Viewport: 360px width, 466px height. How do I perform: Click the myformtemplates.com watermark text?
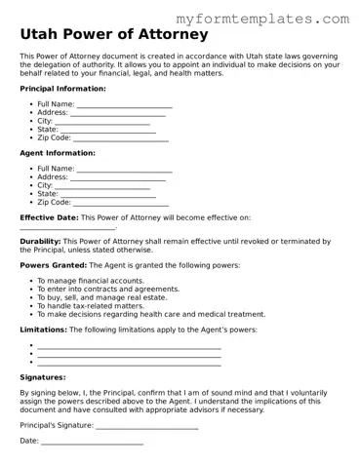click(276, 19)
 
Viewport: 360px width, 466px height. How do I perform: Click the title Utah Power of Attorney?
click(114, 35)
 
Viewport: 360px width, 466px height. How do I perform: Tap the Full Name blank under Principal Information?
click(124, 104)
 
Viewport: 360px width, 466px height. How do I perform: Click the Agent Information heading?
click(58, 153)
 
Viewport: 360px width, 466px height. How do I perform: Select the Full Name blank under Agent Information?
click(124, 169)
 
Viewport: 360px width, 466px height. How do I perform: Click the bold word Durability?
click(40, 241)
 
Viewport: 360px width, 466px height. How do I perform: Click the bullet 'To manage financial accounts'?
click(90, 281)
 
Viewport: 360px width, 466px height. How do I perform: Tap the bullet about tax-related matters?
click(90, 306)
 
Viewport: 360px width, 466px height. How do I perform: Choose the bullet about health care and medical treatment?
click(150, 315)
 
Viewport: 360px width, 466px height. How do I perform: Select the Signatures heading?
click(43, 376)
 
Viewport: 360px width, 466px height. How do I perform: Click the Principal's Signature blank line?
click(147, 425)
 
